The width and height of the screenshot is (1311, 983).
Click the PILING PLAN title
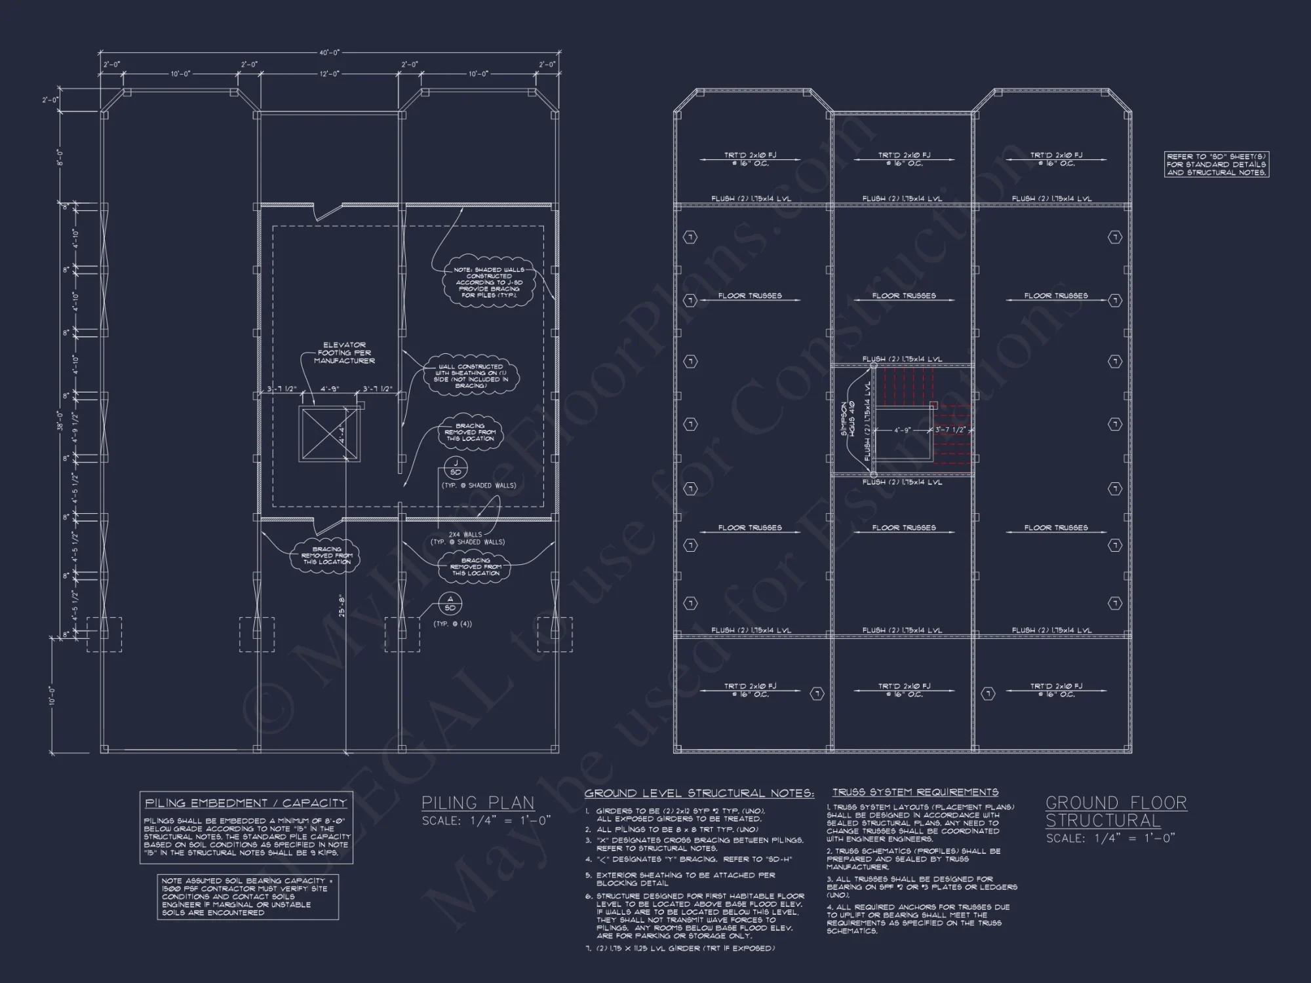[478, 803]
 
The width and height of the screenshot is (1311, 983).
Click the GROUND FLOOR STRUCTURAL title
[1116, 811]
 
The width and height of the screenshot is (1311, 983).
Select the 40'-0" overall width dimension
[329, 52]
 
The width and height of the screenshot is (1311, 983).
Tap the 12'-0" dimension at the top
[329, 74]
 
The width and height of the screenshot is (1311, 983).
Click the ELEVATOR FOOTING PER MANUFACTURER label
[344, 353]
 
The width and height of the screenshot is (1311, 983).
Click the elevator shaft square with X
[329, 433]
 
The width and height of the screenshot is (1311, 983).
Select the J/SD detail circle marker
[456, 468]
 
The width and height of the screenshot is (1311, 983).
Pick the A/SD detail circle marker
[450, 604]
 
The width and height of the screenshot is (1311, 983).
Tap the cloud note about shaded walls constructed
[488, 282]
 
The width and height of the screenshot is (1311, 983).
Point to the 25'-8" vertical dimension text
[342, 605]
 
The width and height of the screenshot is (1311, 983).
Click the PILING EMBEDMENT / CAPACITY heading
[246, 803]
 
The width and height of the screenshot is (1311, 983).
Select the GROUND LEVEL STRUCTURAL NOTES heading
[699, 794]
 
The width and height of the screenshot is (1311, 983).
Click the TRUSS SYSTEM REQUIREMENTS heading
[915, 792]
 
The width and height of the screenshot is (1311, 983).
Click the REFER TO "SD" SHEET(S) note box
[1217, 164]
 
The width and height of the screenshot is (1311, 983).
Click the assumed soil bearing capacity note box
[248, 896]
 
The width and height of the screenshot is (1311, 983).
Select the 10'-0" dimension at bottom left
[52, 696]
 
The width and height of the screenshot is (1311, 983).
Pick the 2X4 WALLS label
[467, 538]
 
